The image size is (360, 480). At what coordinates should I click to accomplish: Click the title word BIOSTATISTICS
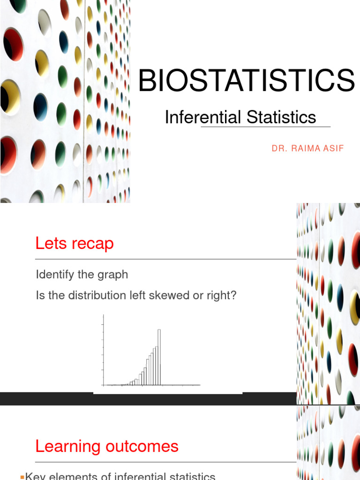click(x=247, y=80)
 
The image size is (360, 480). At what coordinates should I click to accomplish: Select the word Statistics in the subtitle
click(x=281, y=117)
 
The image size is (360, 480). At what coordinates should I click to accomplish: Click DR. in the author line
click(x=279, y=149)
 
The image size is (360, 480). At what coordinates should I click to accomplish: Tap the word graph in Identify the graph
click(x=112, y=275)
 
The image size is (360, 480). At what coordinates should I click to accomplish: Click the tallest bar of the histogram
click(x=159, y=356)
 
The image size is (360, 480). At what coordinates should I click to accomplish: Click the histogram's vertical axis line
click(x=103, y=352)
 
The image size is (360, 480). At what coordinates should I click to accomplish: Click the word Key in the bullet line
click(x=34, y=476)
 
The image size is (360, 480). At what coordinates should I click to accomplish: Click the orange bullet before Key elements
click(x=22, y=477)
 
